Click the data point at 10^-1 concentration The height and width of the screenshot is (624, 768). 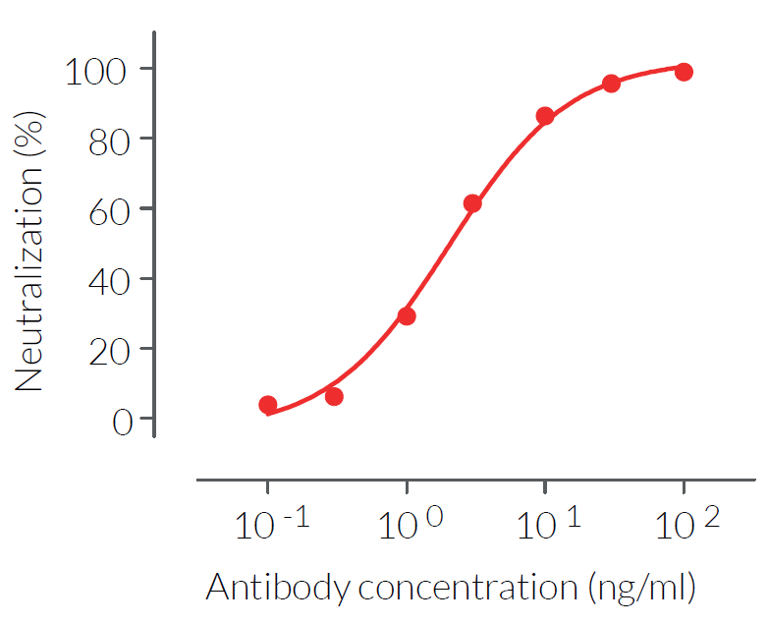(268, 405)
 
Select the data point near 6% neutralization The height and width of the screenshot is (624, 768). (334, 397)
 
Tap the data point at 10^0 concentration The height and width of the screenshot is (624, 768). (407, 316)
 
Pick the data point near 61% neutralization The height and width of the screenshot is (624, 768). (472, 204)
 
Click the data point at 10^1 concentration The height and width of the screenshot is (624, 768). (545, 117)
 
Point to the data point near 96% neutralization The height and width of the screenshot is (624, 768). (611, 84)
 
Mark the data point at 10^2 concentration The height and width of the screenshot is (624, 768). (684, 72)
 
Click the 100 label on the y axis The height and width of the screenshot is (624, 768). (96, 70)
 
